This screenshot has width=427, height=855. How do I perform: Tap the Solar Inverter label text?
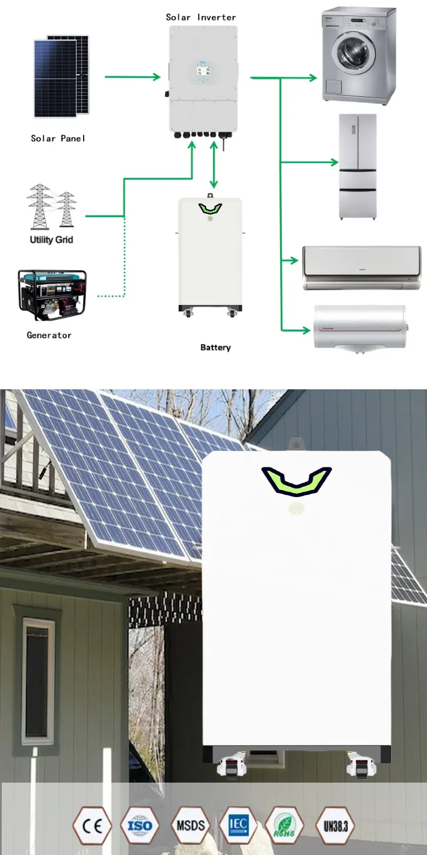(x=200, y=17)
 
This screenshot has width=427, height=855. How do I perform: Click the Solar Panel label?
(x=58, y=138)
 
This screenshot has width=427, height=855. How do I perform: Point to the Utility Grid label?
(x=51, y=239)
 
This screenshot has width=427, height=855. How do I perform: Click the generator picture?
(x=52, y=295)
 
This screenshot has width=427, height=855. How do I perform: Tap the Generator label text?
(x=49, y=335)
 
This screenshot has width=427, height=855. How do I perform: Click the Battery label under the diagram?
(x=215, y=347)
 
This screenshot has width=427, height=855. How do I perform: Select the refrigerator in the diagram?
(x=358, y=166)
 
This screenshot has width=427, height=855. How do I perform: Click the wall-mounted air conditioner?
(x=362, y=267)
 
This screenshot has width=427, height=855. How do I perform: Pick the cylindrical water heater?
(x=360, y=327)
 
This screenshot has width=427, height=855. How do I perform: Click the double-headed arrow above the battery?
(x=213, y=165)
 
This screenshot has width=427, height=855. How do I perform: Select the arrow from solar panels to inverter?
(x=133, y=77)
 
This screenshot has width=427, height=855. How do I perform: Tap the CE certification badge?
(x=92, y=826)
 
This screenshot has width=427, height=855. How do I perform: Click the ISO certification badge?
(x=139, y=826)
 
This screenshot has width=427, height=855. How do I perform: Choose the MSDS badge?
(x=190, y=826)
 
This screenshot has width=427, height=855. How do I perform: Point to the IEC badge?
(x=238, y=825)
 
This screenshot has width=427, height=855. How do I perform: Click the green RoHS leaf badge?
(x=284, y=826)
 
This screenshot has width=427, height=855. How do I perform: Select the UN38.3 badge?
(x=335, y=826)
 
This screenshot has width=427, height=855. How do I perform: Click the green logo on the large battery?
(x=296, y=480)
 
